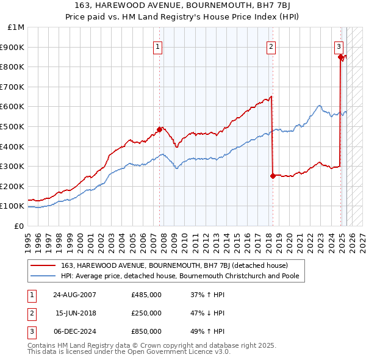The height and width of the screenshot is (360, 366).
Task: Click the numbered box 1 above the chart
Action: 158,46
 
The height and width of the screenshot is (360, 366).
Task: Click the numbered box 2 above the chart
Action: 270,46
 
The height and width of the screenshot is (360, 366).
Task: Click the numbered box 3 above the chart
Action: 339,46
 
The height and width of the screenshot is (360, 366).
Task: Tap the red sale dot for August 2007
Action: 160,129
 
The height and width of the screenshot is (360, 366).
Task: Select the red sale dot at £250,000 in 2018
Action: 272,176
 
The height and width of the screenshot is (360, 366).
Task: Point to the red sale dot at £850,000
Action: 340,57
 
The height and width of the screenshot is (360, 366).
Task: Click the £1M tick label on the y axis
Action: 16,27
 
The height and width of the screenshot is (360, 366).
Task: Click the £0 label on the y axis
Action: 19,226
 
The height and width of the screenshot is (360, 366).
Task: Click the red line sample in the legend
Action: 43,265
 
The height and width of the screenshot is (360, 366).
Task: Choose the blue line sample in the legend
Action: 43,276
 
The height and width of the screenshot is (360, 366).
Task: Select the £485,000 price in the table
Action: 146,294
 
